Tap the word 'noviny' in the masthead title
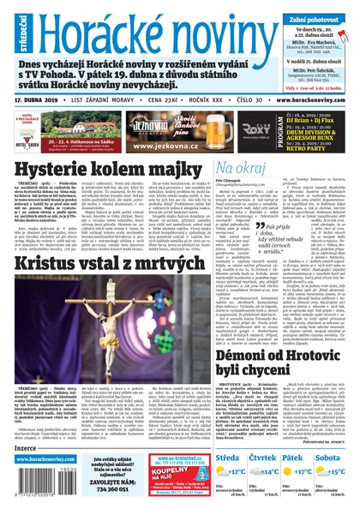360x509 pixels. coord(211,32)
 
